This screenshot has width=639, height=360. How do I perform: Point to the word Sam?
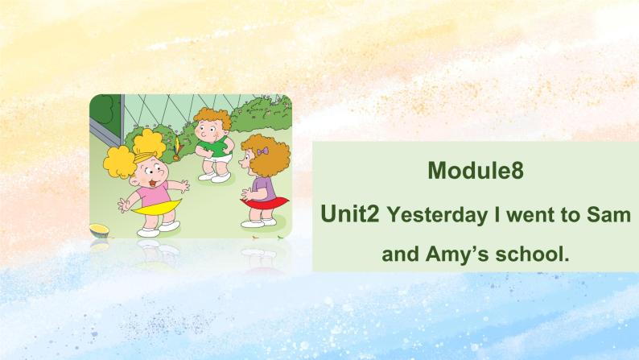[604, 215]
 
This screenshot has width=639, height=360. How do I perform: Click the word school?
[532, 256]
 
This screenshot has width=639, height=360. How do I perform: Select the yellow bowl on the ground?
[100, 230]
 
